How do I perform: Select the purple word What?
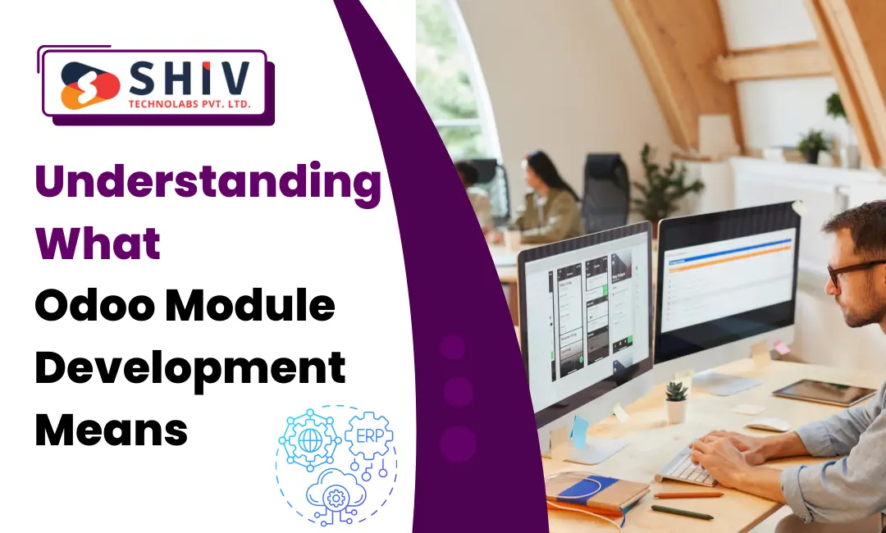98,245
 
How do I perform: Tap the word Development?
190,368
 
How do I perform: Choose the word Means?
111,429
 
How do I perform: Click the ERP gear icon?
368,436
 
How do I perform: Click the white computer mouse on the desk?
769,424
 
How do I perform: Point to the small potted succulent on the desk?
676,401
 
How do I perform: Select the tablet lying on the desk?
824,392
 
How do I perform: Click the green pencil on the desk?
682,512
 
